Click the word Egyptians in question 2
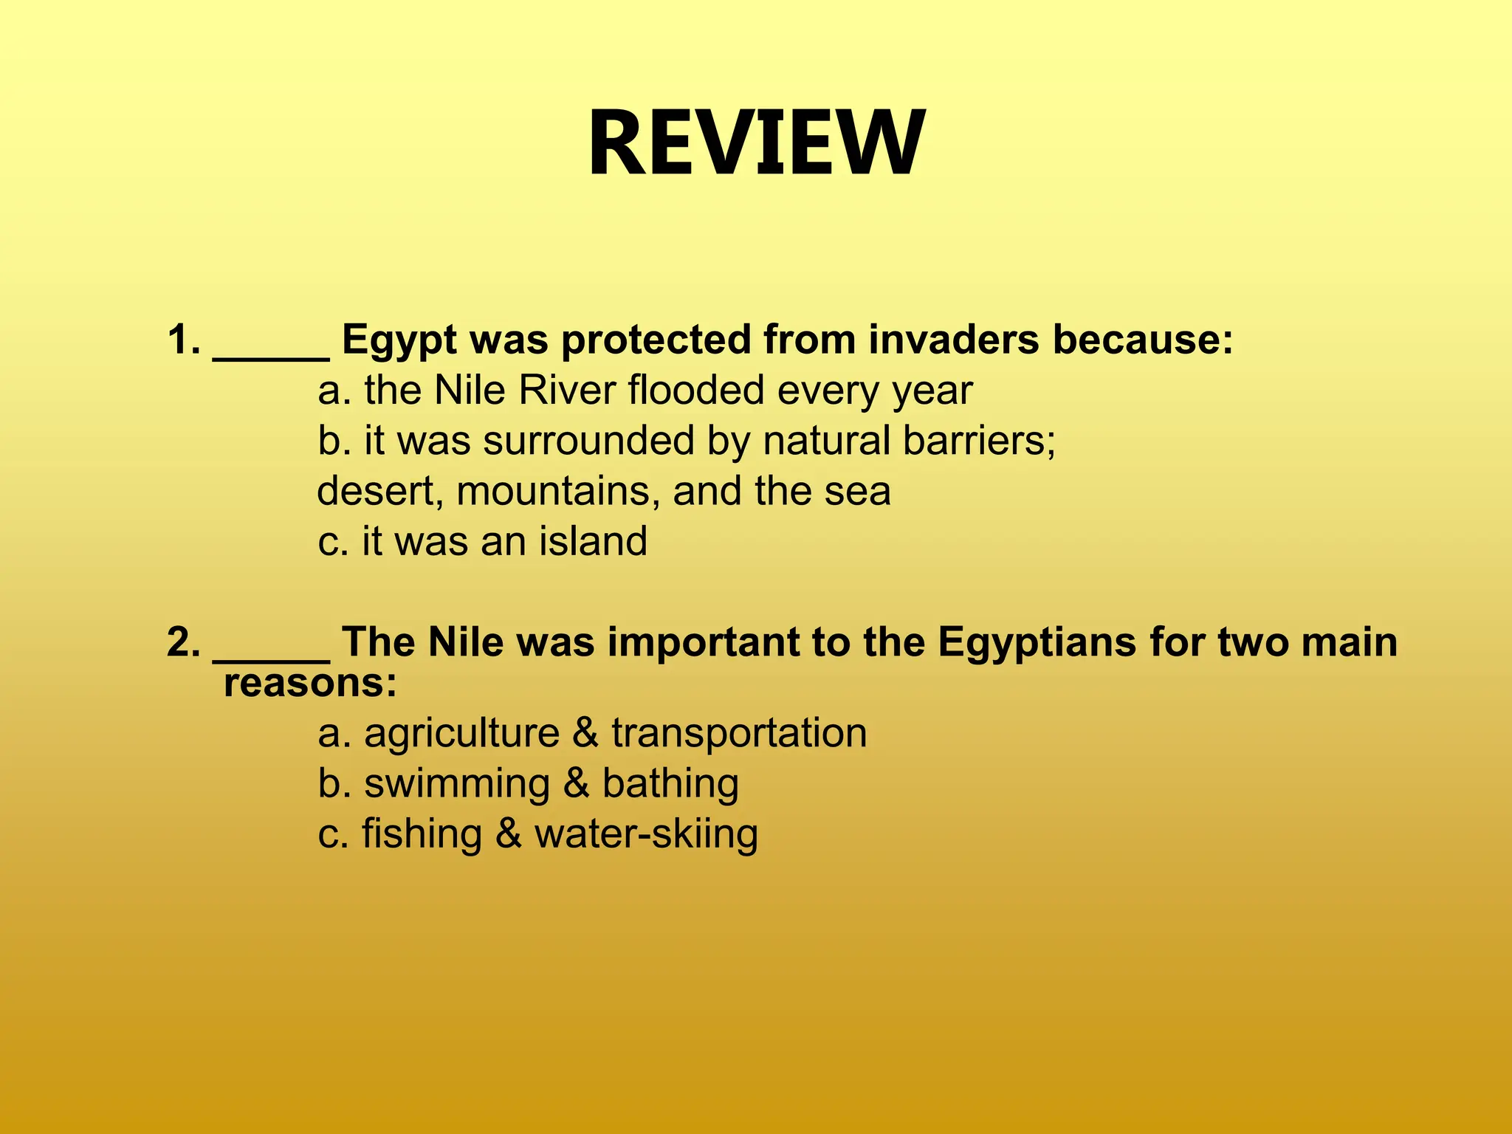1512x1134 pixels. point(1037,643)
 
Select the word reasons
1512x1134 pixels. point(309,684)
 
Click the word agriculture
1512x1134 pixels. point(461,734)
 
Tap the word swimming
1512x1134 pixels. point(457,785)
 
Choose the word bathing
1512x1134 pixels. point(670,783)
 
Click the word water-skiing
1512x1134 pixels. point(646,835)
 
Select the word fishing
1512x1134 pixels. point(422,835)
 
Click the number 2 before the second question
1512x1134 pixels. point(181,642)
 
